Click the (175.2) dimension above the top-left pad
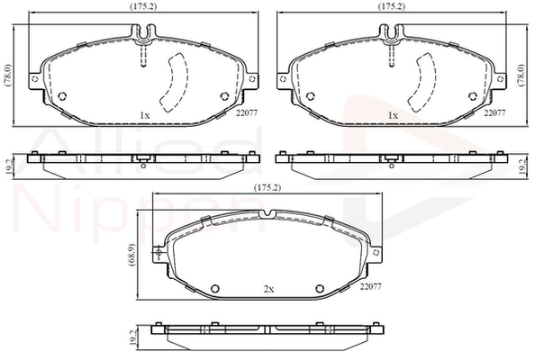click(x=143, y=6)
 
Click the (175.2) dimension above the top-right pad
click(x=392, y=6)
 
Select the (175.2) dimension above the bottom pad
click(x=267, y=187)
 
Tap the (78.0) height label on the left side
click(x=9, y=76)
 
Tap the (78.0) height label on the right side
click(x=521, y=76)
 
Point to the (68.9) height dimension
click(x=132, y=255)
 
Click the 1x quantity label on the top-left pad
click(x=145, y=115)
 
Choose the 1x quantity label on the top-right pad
click(x=393, y=115)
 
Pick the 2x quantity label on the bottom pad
click(x=268, y=290)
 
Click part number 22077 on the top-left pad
click(x=247, y=112)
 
